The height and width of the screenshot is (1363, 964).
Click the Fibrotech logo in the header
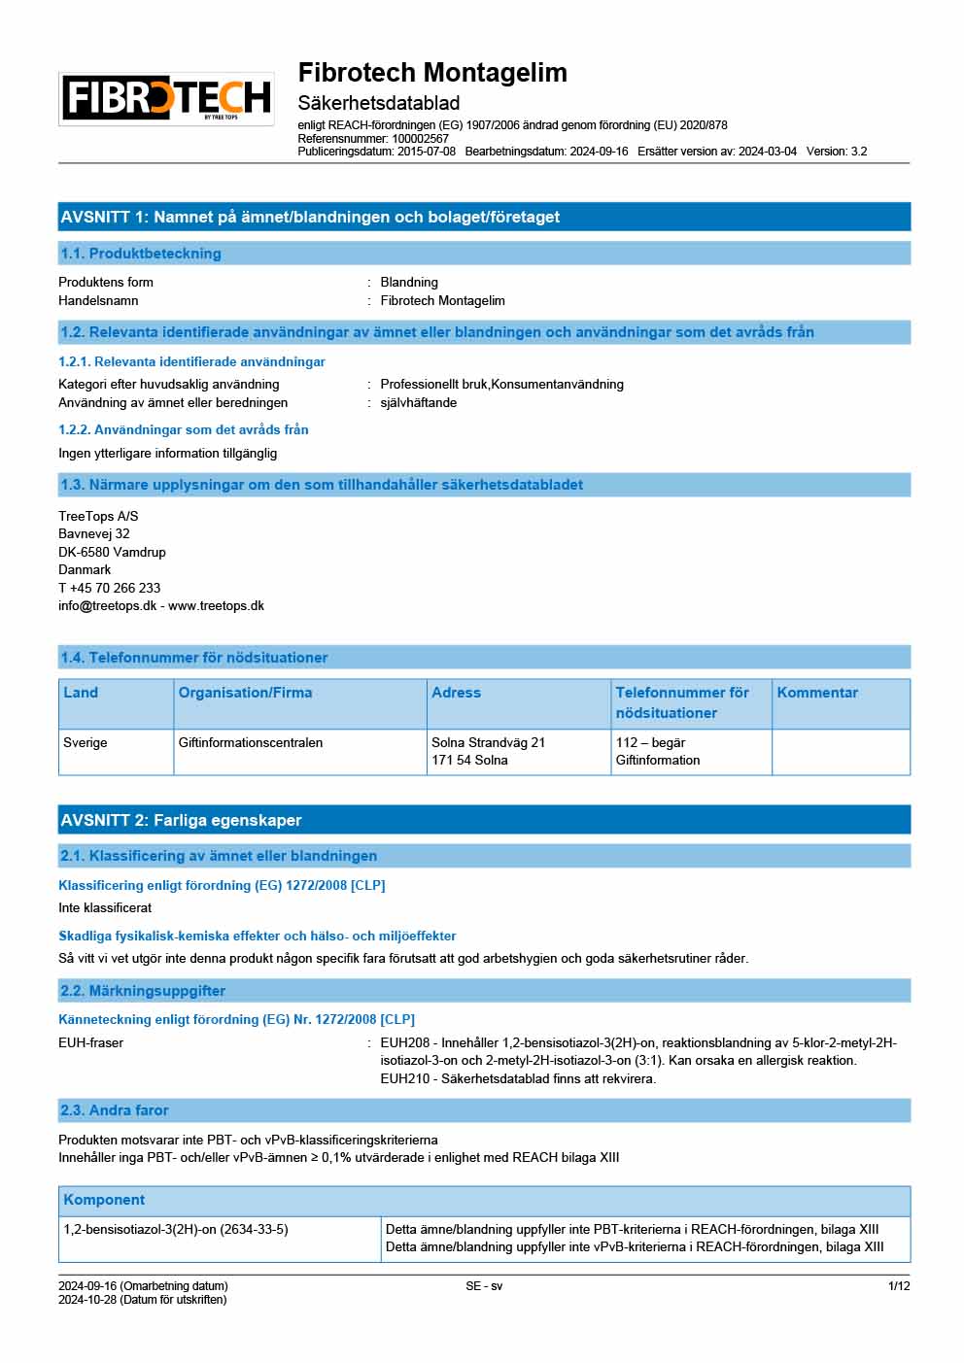click(x=166, y=98)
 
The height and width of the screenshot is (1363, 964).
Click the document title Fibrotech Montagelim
click(x=432, y=73)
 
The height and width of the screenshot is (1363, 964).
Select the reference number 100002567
click(x=420, y=139)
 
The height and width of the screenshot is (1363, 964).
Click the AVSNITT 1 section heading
click(x=310, y=217)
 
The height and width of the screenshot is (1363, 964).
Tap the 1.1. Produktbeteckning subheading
click(x=141, y=254)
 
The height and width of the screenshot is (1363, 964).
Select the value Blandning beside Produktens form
click(x=409, y=283)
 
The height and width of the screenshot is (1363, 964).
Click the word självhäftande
click(x=418, y=403)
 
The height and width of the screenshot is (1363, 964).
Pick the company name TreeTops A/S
click(x=98, y=516)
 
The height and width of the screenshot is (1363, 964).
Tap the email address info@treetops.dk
click(x=107, y=606)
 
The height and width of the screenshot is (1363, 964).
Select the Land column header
click(x=81, y=693)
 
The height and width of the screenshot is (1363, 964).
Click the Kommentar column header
click(x=817, y=693)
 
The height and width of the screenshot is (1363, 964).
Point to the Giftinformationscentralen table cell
click(x=251, y=743)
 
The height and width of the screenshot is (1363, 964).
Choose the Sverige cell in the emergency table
click(x=86, y=743)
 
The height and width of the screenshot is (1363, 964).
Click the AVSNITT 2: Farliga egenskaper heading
click(x=182, y=820)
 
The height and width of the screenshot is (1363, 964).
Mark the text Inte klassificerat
click(x=105, y=908)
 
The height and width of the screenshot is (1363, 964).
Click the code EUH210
click(x=404, y=1079)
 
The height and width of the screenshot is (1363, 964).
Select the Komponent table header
click(x=104, y=1200)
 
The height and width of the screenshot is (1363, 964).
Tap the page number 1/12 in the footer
click(x=899, y=1286)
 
